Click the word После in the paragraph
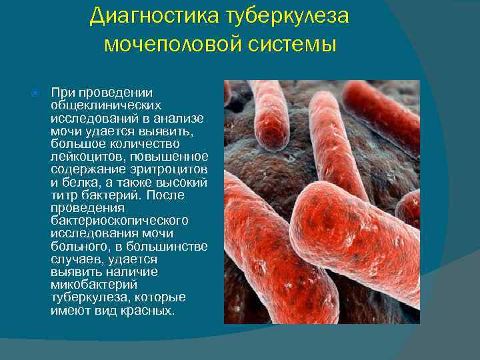167,195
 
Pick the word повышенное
169,156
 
